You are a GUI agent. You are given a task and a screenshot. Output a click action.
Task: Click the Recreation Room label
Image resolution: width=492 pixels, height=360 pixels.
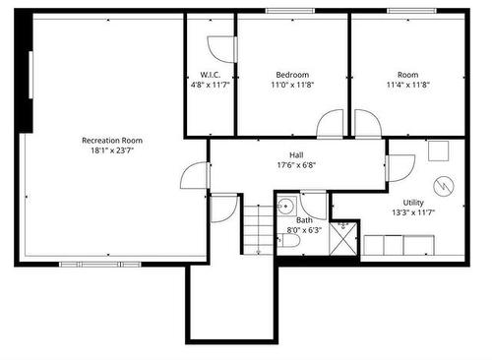point(112,141)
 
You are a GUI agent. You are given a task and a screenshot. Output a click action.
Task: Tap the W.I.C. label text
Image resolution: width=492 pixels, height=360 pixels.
point(209,75)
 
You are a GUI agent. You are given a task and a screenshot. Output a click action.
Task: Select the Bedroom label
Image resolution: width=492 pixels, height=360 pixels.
point(292,75)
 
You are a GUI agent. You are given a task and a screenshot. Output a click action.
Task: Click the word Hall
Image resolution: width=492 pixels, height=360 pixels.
point(295,153)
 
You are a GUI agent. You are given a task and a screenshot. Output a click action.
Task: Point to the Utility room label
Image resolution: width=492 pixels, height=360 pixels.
point(413,202)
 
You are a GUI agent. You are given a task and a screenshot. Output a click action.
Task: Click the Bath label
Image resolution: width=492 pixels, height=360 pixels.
point(305,219)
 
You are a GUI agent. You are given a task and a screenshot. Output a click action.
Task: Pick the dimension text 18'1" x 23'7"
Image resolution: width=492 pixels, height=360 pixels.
point(112,151)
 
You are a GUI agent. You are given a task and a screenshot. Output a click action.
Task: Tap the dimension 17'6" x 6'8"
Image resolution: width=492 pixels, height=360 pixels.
point(295,164)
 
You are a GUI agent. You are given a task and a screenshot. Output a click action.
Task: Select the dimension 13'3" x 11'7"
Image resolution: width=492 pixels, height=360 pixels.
point(413,212)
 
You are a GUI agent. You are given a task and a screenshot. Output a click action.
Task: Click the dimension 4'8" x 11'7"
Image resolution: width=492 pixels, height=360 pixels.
point(209,86)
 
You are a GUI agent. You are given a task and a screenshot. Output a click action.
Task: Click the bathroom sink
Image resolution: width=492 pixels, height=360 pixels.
point(284,207)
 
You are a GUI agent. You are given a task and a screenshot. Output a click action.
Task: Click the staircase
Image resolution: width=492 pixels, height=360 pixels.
point(256,228)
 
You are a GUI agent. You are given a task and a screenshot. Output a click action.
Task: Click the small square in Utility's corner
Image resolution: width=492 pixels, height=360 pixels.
point(438,150)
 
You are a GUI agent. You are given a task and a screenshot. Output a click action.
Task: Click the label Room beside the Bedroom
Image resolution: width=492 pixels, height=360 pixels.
point(407,75)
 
